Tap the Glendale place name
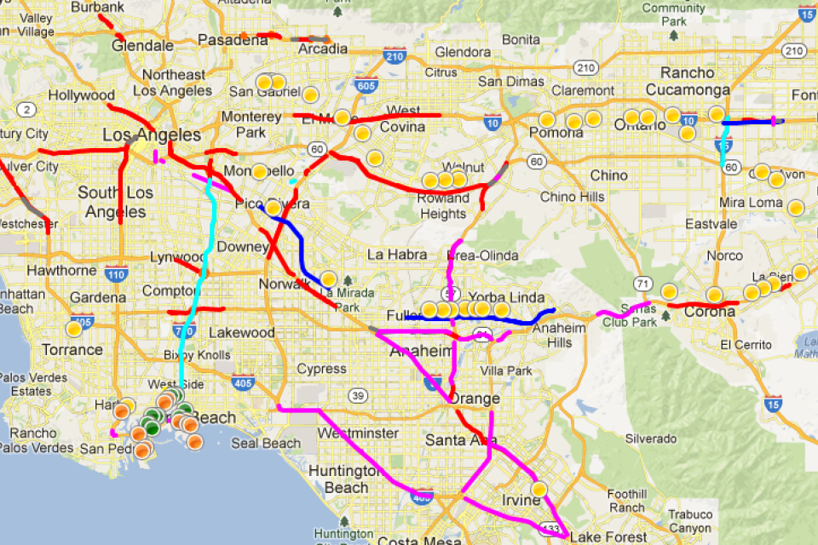[x=142, y=45]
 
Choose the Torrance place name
[x=72, y=350]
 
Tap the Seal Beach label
[x=267, y=443]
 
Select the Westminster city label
[x=357, y=433]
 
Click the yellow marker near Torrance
[x=74, y=327]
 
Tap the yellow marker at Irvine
[x=539, y=490]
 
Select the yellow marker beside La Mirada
[x=327, y=278]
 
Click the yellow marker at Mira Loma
[x=795, y=207]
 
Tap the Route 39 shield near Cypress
[x=358, y=395]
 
